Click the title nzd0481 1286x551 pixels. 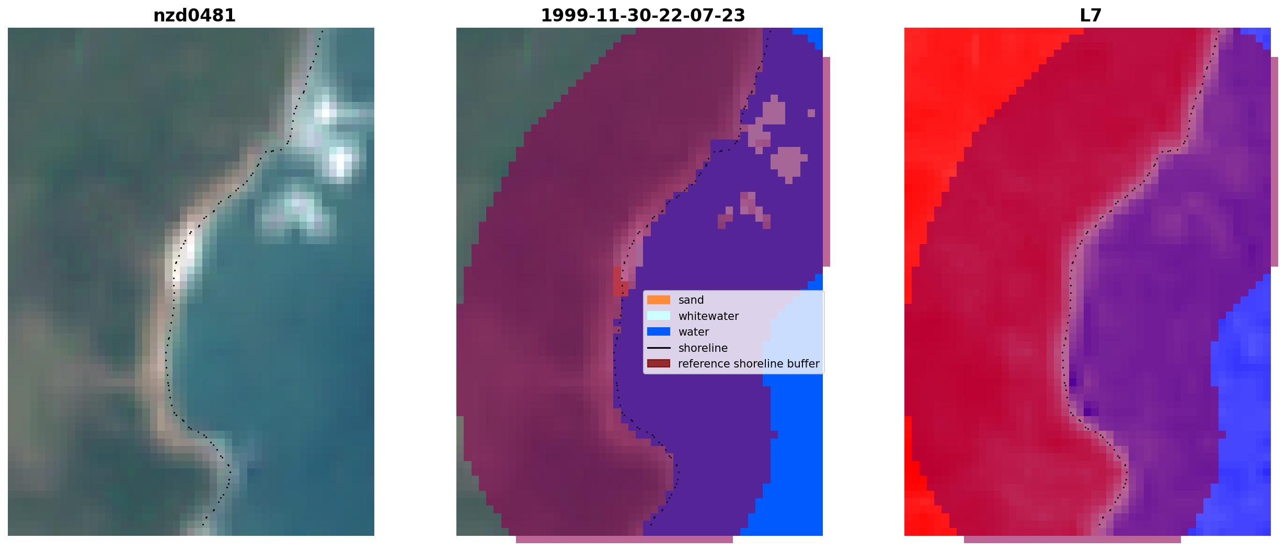(194, 16)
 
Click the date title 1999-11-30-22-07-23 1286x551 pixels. (642, 16)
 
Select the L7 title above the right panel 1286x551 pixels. (1090, 16)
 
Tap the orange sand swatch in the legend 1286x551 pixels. (659, 300)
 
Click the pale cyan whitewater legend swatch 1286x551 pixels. (659, 316)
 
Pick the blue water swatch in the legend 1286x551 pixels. (659, 331)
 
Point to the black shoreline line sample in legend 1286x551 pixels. (659, 348)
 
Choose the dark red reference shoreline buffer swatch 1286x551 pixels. (659, 363)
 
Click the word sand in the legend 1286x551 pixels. (691, 300)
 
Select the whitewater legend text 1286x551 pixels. (708, 316)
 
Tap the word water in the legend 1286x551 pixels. (694, 332)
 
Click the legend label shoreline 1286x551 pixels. (703, 348)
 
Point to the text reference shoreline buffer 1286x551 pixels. (749, 364)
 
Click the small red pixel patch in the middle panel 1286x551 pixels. (620, 282)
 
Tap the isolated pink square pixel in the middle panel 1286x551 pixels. (811, 113)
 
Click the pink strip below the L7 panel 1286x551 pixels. (1072, 539)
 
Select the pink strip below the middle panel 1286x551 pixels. (624, 539)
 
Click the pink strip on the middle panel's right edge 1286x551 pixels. (826, 162)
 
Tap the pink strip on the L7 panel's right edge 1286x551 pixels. (1274, 162)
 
